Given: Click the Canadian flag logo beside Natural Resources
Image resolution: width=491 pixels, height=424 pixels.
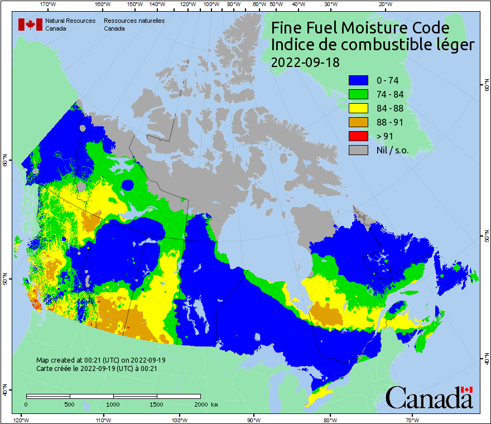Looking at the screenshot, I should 30,25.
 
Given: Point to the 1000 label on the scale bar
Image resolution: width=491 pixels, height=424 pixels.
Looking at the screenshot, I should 113,404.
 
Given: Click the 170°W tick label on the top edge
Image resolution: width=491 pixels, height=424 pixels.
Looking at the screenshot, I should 48,4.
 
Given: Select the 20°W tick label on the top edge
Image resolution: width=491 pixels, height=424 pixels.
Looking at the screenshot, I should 384,4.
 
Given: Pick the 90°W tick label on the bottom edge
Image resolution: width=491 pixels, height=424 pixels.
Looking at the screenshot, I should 253,420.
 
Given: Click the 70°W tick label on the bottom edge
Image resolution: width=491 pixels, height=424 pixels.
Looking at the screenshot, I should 412,420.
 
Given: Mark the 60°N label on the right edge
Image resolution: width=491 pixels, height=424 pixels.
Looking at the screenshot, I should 486,87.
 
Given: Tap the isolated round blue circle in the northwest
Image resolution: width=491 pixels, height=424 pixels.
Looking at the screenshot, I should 128,185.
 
